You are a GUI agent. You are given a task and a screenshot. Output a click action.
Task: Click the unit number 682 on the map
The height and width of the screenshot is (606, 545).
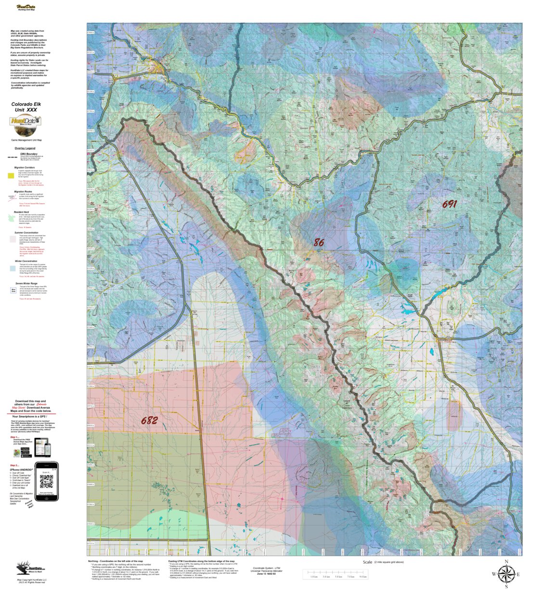coord(149,420)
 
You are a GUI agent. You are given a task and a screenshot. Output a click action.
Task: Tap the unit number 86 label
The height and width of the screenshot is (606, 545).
coord(319,243)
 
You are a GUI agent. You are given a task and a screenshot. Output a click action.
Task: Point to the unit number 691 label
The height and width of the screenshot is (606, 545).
coord(449,204)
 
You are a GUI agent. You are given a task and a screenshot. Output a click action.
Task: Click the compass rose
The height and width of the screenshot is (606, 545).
coord(506,574)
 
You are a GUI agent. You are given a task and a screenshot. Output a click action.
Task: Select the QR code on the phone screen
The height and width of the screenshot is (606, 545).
coord(46,481)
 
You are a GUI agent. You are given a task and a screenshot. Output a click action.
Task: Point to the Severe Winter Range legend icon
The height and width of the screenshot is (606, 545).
coord(13,290)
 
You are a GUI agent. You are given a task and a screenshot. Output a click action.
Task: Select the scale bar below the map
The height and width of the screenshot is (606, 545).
coord(335,574)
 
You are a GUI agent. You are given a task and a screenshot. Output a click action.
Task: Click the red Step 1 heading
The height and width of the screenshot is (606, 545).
coord(16,437)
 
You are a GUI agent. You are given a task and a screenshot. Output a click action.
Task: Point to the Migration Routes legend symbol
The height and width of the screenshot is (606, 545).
coord(12,197)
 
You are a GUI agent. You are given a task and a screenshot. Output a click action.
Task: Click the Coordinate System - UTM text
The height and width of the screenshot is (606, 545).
coord(266,568)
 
